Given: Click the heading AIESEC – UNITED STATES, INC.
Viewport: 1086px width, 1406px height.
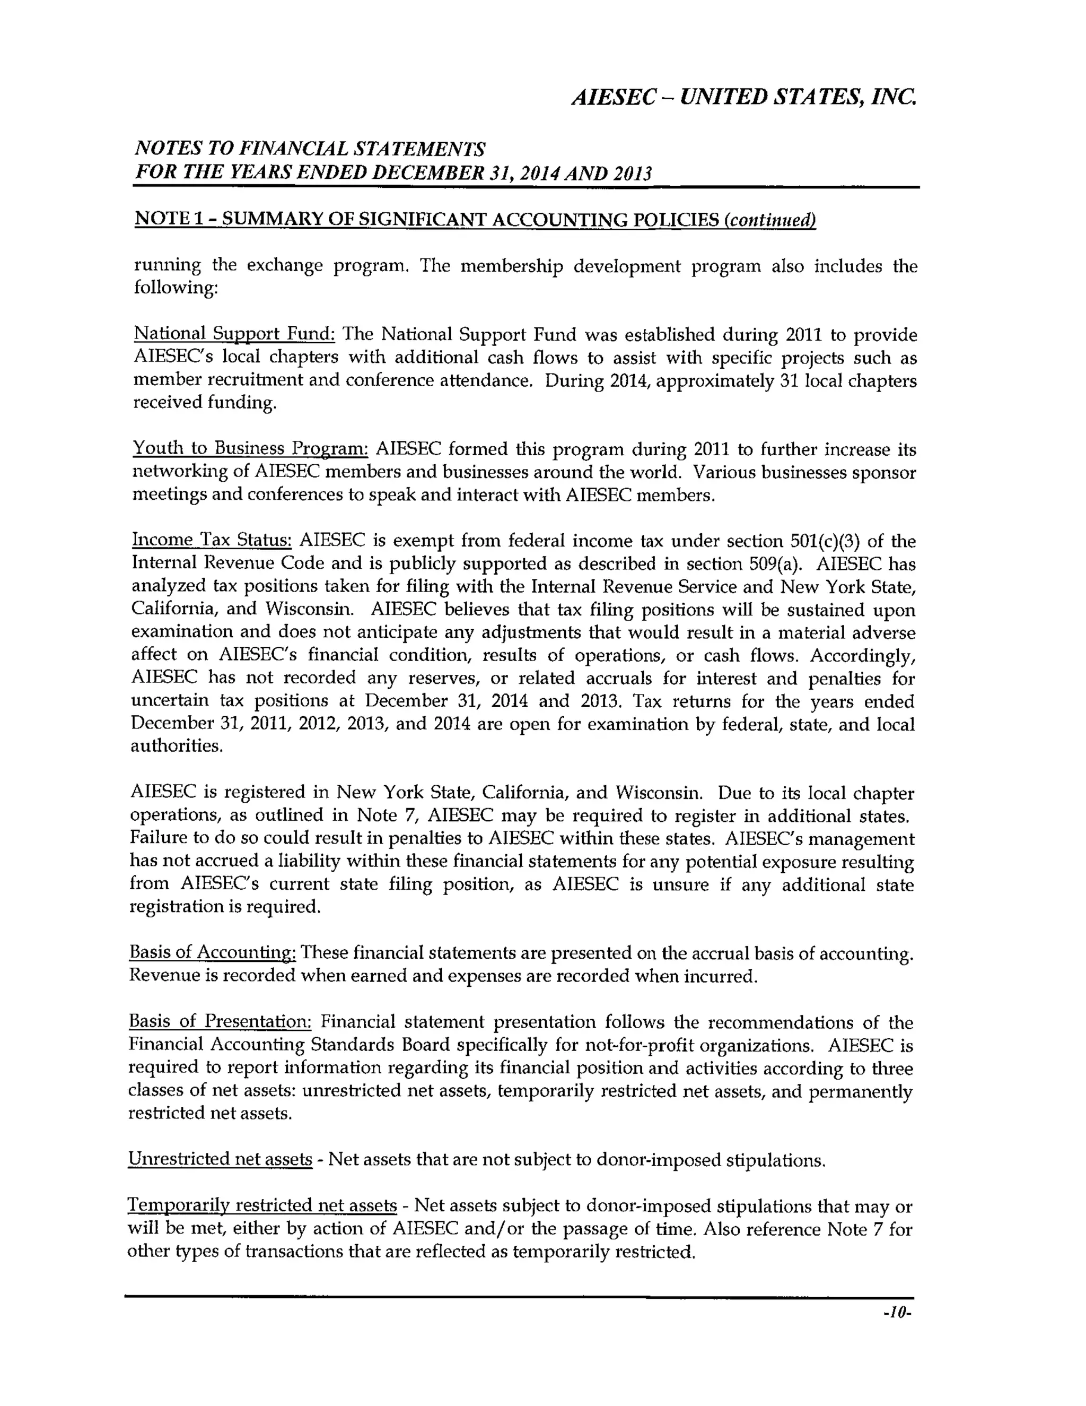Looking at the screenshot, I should pyautogui.click(x=744, y=97).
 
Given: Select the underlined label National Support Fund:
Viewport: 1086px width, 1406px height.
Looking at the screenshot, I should pyautogui.click(x=234, y=334).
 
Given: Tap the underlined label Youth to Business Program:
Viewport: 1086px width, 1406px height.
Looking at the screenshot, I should pyautogui.click(x=250, y=448).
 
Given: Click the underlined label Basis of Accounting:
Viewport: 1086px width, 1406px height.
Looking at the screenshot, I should pyautogui.click(x=212, y=952).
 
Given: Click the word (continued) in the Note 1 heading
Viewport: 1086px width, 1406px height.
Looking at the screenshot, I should pyautogui.click(x=769, y=221).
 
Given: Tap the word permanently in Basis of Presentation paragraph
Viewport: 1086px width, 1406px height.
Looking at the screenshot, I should pyautogui.click(x=860, y=1092).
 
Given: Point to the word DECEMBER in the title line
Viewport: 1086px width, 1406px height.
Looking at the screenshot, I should pyautogui.click(x=427, y=173).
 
